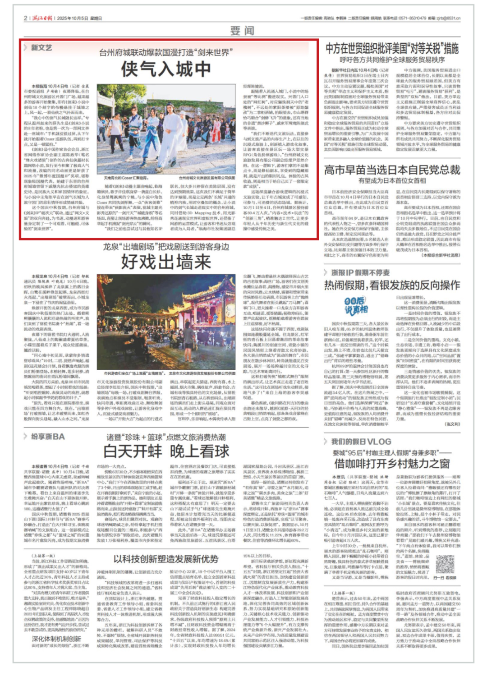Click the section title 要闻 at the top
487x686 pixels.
pyautogui.click(x=242, y=30)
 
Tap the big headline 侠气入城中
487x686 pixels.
pyautogui.click(x=165, y=69)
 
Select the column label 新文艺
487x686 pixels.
pyautogui.click(x=41, y=48)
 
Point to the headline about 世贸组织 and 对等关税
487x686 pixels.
pyautogui.click(x=392, y=48)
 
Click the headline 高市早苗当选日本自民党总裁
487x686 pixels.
pyautogui.click(x=392, y=170)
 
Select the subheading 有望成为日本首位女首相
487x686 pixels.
pyautogui.click(x=392, y=180)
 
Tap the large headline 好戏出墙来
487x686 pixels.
pyautogui.click(x=165, y=262)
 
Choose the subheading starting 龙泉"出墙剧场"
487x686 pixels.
pyautogui.click(x=165, y=247)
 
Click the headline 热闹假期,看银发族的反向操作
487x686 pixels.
pyautogui.click(x=392, y=285)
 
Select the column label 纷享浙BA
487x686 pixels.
pyautogui.click(x=47, y=437)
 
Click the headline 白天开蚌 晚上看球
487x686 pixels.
pyautogui.click(x=165, y=451)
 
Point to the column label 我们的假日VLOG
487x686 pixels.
pyautogui.click(x=361, y=442)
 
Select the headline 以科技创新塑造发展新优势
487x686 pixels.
pyautogui.click(x=165, y=559)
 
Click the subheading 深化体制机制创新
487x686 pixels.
pyautogui.click(x=56, y=639)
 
